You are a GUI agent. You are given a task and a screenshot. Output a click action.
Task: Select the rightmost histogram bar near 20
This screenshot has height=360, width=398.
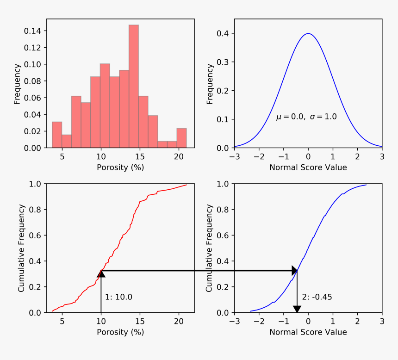182,138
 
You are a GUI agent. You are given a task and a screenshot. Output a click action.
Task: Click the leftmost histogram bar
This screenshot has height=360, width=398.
57,135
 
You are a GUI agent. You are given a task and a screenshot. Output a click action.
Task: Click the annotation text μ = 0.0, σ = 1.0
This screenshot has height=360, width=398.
306,117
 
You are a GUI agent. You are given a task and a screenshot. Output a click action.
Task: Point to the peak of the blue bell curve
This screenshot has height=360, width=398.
308,34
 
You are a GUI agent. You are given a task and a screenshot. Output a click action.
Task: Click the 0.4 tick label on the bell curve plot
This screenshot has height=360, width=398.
224,33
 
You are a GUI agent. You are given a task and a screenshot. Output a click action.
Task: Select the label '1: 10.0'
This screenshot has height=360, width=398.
118,297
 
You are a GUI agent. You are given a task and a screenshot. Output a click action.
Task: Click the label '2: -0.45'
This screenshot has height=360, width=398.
317,297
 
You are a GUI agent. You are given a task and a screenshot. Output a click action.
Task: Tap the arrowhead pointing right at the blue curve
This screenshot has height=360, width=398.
294,270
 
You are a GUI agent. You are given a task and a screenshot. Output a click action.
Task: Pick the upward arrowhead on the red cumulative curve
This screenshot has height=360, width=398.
101,274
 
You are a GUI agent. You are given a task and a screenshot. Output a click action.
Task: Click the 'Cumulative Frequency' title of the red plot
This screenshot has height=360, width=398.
21,248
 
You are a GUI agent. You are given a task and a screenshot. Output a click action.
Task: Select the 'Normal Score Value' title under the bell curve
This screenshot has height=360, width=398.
308,168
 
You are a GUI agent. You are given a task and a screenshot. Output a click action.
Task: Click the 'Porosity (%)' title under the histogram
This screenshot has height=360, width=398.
120,168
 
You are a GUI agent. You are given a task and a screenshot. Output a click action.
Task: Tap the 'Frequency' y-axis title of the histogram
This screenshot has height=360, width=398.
18,84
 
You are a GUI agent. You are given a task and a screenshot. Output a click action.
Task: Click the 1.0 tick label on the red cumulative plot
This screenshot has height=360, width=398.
36,184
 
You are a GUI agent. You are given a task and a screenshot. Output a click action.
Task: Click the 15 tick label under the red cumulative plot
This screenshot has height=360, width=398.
140,321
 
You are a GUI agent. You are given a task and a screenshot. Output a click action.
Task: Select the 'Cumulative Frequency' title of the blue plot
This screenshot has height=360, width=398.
209,248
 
